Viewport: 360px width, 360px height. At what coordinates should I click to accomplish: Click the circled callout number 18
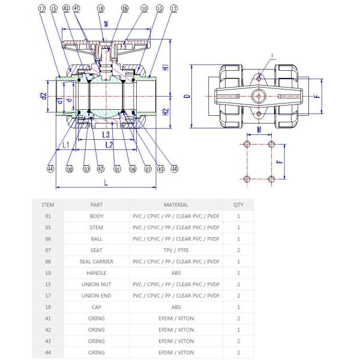point(101,9)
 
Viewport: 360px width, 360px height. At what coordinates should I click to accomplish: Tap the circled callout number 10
point(144,9)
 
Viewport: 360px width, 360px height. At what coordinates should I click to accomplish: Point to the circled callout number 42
point(100,169)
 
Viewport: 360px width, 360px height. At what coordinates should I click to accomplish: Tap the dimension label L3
point(106,135)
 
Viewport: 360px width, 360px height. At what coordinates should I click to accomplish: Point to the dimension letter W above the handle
point(106,25)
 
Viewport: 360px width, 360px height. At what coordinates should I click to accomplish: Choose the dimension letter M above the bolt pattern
point(258,128)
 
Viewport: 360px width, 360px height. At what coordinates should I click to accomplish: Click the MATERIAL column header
point(176,205)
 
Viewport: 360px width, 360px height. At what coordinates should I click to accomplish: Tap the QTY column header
point(239,205)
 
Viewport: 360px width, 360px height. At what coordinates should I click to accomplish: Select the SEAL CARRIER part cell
point(96,262)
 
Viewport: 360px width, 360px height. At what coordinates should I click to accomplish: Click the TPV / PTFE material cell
point(176,250)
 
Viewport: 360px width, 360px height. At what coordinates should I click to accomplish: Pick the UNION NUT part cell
point(96,284)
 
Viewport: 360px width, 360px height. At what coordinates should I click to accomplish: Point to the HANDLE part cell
point(96,273)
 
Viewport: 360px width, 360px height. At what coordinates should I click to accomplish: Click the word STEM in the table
point(96,227)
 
